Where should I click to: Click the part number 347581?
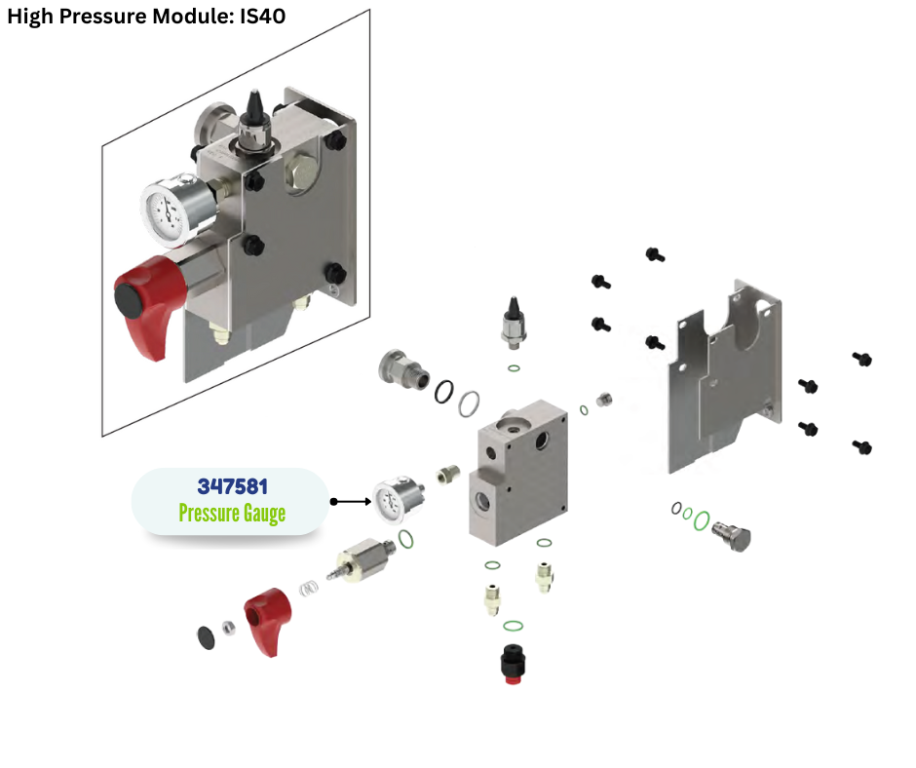(x=232, y=486)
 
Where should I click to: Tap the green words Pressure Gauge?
(x=232, y=513)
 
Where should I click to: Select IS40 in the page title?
(x=260, y=17)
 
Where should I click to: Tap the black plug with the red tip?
(x=508, y=665)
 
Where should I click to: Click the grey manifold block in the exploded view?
(x=519, y=474)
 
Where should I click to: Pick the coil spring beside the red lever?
(x=309, y=590)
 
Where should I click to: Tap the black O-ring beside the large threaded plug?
(x=444, y=390)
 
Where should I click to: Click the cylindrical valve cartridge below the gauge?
(x=363, y=562)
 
